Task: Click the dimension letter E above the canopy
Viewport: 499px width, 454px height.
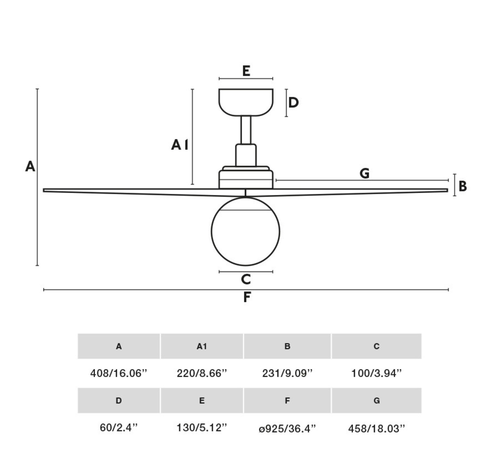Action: tap(246, 71)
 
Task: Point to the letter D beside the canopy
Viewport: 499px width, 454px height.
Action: tap(293, 102)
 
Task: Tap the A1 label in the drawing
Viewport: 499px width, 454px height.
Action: tap(180, 145)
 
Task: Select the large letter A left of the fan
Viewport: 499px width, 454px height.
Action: tap(30, 166)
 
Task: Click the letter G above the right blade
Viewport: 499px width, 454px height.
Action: tap(364, 173)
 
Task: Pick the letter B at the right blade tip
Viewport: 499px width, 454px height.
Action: tap(463, 186)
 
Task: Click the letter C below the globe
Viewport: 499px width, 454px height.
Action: tap(246, 279)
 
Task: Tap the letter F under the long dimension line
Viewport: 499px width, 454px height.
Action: tap(247, 297)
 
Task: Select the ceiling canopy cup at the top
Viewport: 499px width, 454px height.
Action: tap(246, 102)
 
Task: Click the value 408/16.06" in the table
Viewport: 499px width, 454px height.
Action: tap(119, 373)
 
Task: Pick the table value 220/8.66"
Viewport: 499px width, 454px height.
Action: tap(202, 373)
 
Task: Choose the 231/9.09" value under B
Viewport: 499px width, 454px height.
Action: tap(287, 373)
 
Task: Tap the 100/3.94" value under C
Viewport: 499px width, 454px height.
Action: tap(377, 373)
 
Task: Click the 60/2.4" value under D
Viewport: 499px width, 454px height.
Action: tap(119, 428)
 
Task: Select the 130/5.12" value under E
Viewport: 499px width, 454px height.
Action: tap(202, 428)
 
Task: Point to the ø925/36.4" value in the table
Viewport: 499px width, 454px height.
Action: tap(287, 428)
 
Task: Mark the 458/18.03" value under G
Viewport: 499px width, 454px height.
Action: tap(377, 428)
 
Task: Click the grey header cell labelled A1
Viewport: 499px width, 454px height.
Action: tap(202, 346)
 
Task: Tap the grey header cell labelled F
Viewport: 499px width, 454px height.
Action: tap(287, 401)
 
